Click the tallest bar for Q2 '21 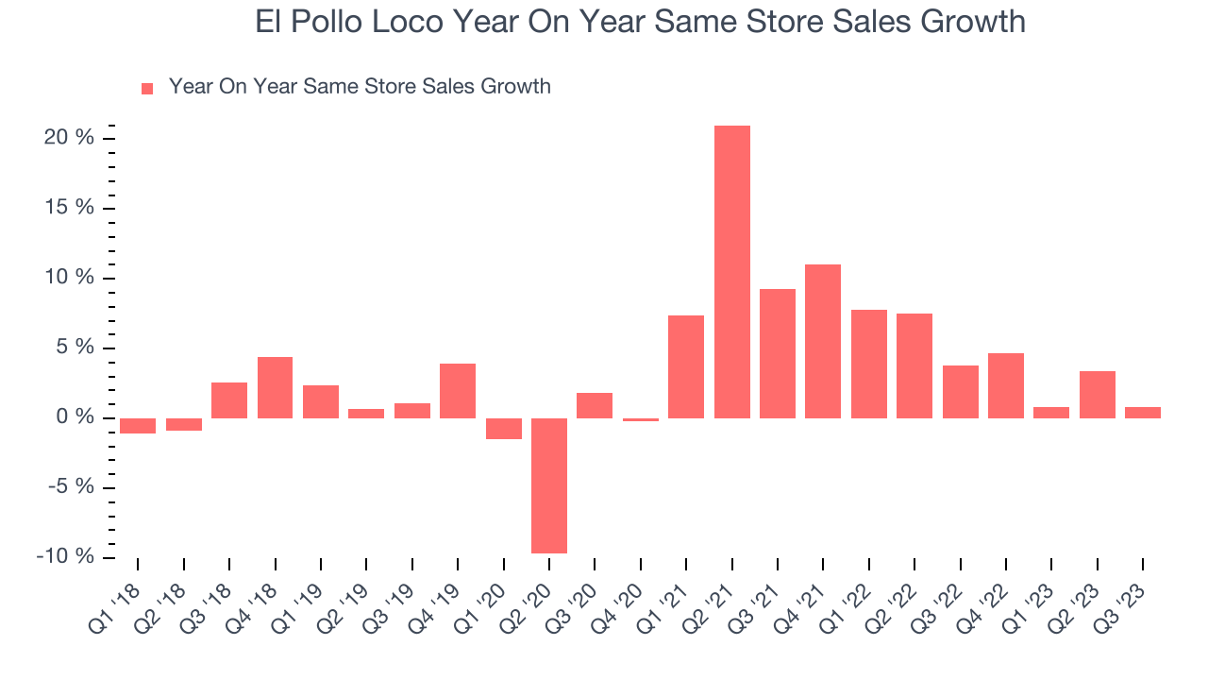coord(731,272)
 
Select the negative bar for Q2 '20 coord(549,485)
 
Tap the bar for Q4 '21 coord(823,341)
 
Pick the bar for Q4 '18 coord(275,387)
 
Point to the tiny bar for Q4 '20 coord(641,419)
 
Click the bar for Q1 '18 coord(138,426)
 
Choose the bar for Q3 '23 coord(1143,413)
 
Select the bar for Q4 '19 coord(458,391)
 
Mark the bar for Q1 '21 coord(686,366)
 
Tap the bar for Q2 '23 coord(1098,395)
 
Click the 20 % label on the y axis coord(69,138)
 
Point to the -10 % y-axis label coord(65,556)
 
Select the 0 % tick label coord(75,417)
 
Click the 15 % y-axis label coord(69,208)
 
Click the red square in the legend coord(147,89)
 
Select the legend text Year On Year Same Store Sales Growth coord(360,87)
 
